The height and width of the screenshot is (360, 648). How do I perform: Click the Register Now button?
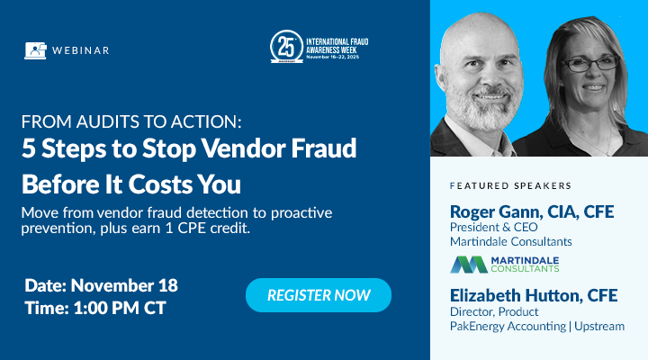(318, 295)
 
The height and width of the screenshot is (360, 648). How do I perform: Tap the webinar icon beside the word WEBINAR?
(35, 50)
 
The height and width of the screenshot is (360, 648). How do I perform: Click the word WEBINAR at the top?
(82, 50)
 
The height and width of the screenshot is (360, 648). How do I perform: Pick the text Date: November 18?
(101, 285)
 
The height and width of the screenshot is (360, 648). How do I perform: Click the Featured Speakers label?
(510, 186)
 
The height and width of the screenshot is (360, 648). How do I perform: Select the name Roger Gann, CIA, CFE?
(531, 211)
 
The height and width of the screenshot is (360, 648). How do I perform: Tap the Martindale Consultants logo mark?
(469, 264)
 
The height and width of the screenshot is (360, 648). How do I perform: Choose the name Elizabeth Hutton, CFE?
(535, 294)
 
